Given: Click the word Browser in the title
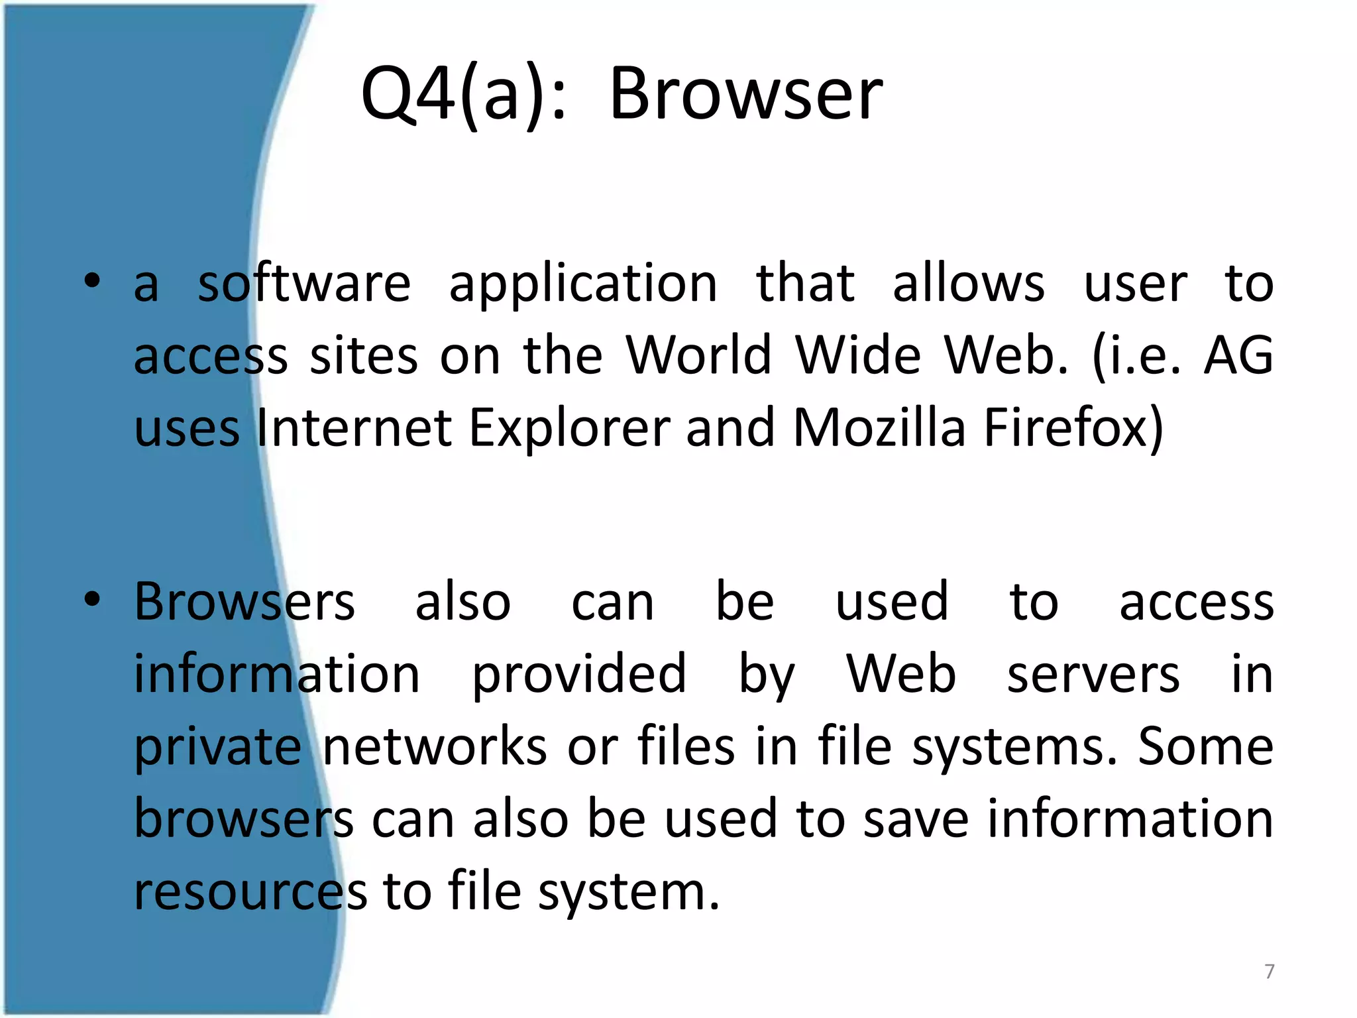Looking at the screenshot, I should (x=745, y=95).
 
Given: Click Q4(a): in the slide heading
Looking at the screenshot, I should (x=464, y=95).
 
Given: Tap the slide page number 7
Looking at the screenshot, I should (x=1269, y=971).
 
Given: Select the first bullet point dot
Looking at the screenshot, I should (x=92, y=280).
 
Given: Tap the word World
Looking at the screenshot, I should (x=699, y=355).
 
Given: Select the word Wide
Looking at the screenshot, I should (x=858, y=355).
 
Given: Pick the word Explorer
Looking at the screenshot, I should (x=570, y=429).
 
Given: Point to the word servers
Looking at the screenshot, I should (x=1093, y=675).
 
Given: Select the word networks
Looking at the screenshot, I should (x=435, y=747).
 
